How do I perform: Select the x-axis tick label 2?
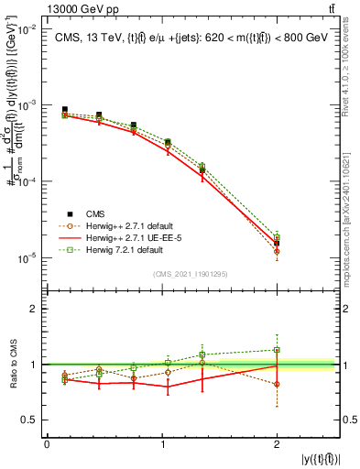point(277,445)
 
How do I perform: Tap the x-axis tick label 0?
point(47,445)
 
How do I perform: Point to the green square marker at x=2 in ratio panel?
point(277,350)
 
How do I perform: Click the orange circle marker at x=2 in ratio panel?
point(277,384)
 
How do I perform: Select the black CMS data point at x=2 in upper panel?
point(277,243)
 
